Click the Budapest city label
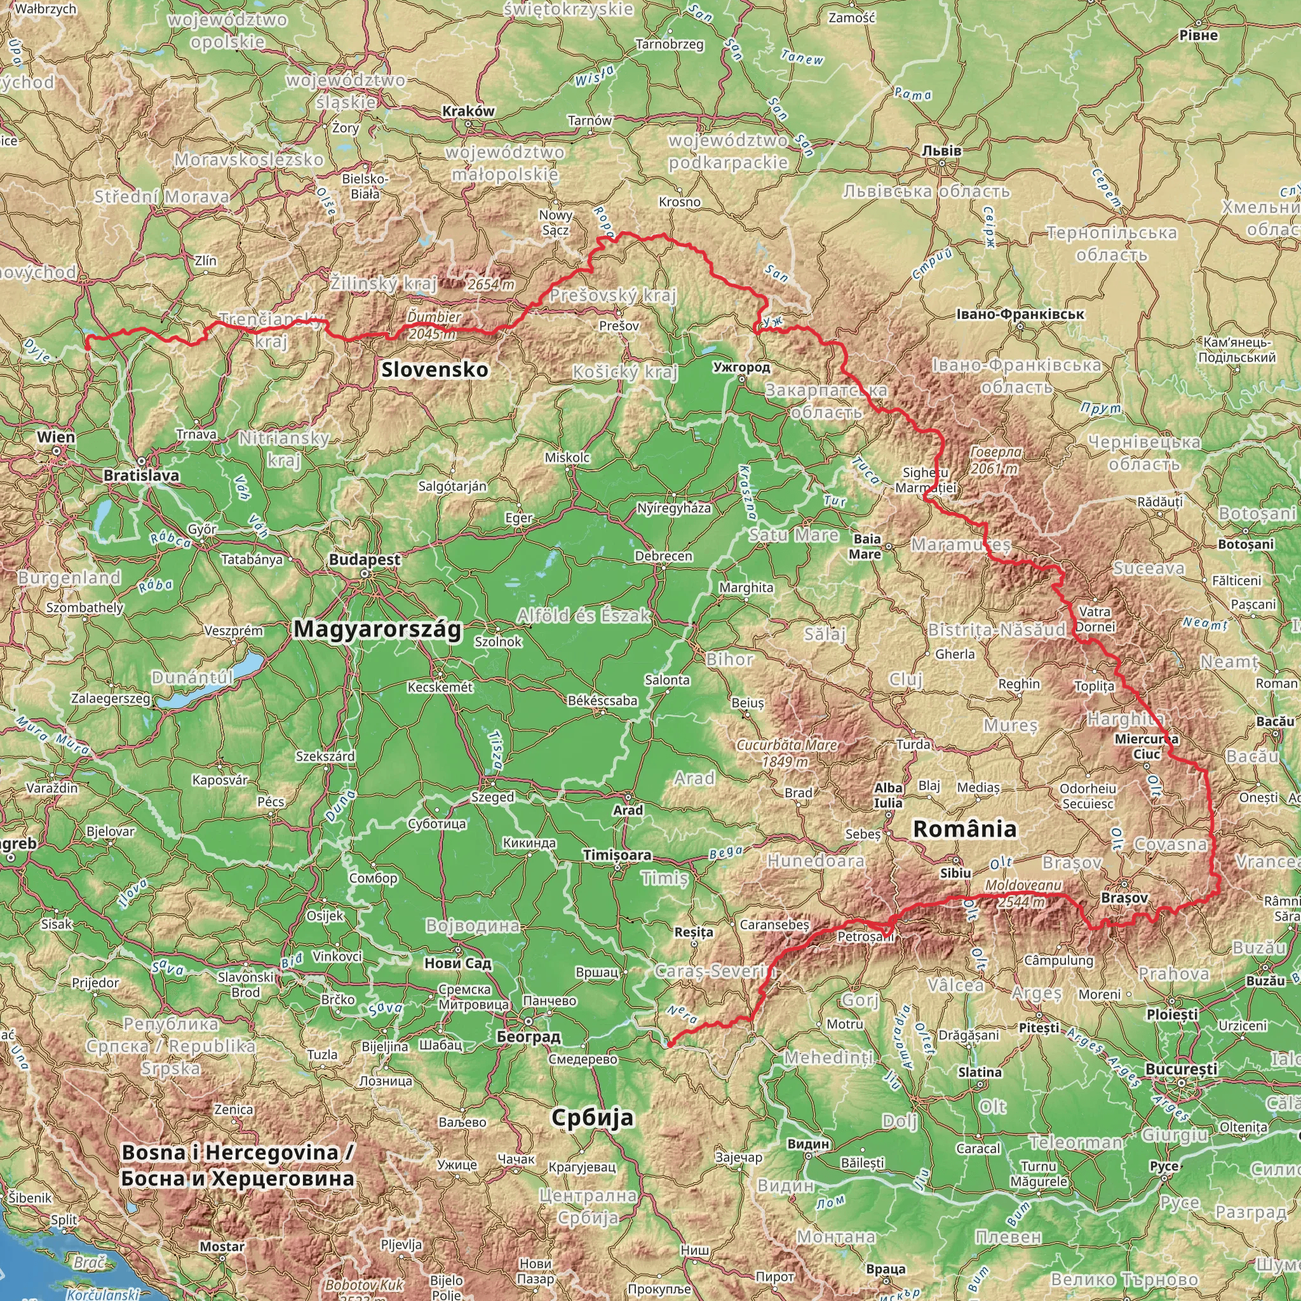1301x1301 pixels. tap(364, 560)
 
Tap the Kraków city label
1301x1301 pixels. tap(468, 111)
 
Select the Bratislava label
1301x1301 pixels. tap(142, 475)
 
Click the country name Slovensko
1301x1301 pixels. tap(435, 370)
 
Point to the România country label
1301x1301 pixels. tap(964, 830)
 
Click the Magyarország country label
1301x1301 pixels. tap(378, 629)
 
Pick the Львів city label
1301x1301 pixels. tap(941, 151)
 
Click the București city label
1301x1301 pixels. tap(1181, 1069)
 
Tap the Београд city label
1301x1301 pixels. tap(528, 1037)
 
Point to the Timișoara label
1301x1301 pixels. tap(617, 855)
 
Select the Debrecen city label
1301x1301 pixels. tap(663, 556)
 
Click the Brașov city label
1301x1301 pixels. tap(1124, 898)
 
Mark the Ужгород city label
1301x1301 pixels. tap(741, 368)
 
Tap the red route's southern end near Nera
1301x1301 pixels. tap(669, 1044)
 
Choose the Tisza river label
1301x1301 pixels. tap(495, 750)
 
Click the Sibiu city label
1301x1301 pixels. tap(955, 873)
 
